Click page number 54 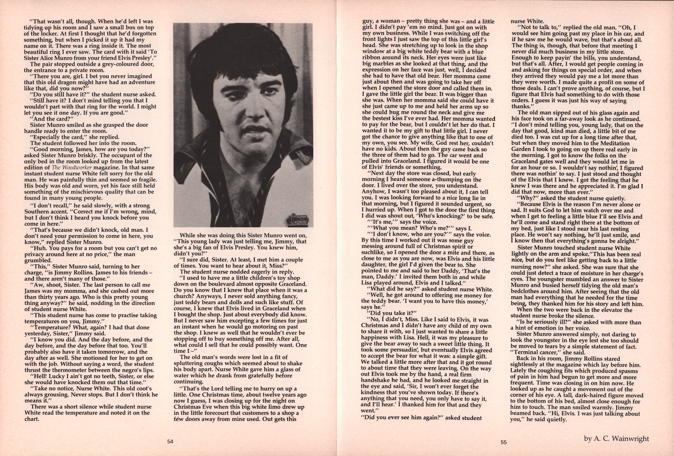pos(170,442)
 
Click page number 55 pos(503,442)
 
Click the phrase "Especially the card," pos(56,137)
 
